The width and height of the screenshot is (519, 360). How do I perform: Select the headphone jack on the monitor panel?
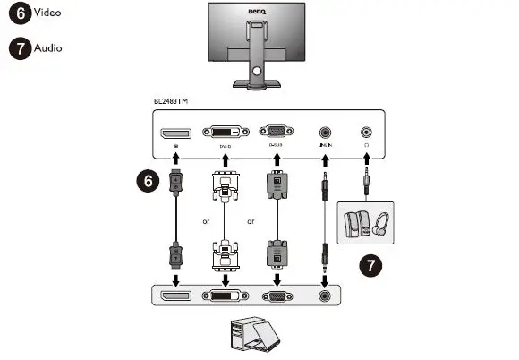[366, 131]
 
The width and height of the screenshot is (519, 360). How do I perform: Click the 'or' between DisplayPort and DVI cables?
[205, 221]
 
